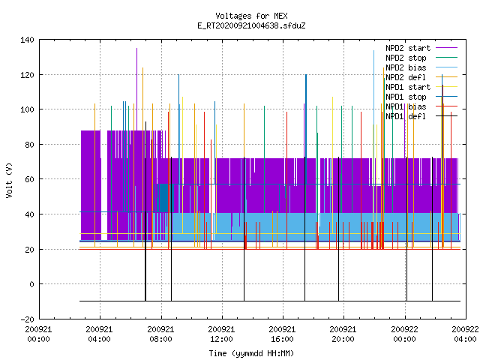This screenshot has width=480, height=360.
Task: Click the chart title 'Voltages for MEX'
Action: coord(251,16)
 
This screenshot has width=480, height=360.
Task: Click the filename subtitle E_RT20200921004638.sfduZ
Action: coord(251,25)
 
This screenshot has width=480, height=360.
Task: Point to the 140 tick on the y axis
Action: coord(27,40)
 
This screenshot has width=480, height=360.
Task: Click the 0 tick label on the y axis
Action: coord(31,284)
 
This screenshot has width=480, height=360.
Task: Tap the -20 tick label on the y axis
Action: coord(27,319)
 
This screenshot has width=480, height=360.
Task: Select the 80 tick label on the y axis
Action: coord(30,145)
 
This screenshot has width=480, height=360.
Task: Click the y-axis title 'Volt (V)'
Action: coord(9,180)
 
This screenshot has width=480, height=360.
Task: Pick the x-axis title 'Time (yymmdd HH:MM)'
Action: coord(251,353)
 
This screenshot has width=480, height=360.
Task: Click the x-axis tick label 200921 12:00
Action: coord(222,334)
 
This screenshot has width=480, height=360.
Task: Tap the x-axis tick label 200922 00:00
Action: coord(405,334)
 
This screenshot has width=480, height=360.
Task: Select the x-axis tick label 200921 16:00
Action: coord(282,334)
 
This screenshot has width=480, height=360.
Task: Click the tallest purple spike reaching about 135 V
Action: coord(136,88)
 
